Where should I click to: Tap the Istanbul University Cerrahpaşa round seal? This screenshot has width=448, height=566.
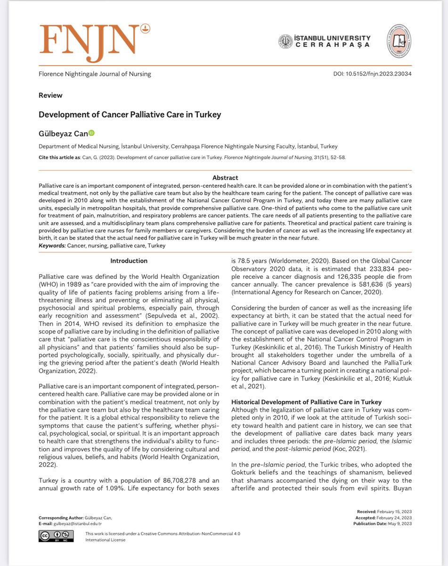[x=285, y=42]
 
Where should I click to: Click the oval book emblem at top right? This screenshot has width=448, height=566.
[x=399, y=42]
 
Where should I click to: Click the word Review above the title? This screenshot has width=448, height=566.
[x=50, y=95]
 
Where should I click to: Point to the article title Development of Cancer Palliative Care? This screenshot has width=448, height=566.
[x=130, y=115]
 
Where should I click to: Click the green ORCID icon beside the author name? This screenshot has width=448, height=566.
[x=91, y=133]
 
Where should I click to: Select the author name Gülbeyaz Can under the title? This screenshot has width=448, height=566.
[x=63, y=134]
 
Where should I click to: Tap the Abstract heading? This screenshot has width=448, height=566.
[x=225, y=178]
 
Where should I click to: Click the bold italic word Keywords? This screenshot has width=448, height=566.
[x=52, y=246]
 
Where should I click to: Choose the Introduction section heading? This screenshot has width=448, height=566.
[x=129, y=261]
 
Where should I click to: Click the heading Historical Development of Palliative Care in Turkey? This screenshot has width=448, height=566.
[x=306, y=402]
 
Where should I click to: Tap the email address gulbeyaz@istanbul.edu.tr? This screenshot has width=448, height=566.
[x=78, y=524]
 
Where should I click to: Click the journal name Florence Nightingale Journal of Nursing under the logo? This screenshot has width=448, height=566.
[x=95, y=74]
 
